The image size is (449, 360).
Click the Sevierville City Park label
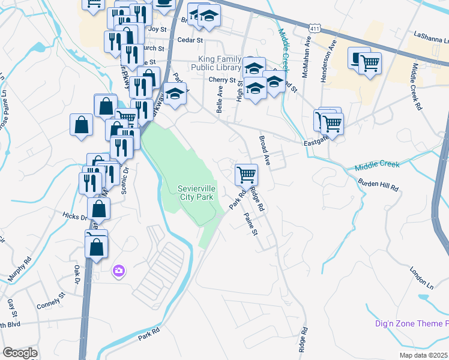196,193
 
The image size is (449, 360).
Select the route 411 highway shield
316,28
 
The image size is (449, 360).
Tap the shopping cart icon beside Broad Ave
246,175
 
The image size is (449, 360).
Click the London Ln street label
421,274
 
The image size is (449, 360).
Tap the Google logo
20,352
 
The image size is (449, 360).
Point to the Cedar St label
190,40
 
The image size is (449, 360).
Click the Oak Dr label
77,274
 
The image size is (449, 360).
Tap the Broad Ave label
265,150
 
